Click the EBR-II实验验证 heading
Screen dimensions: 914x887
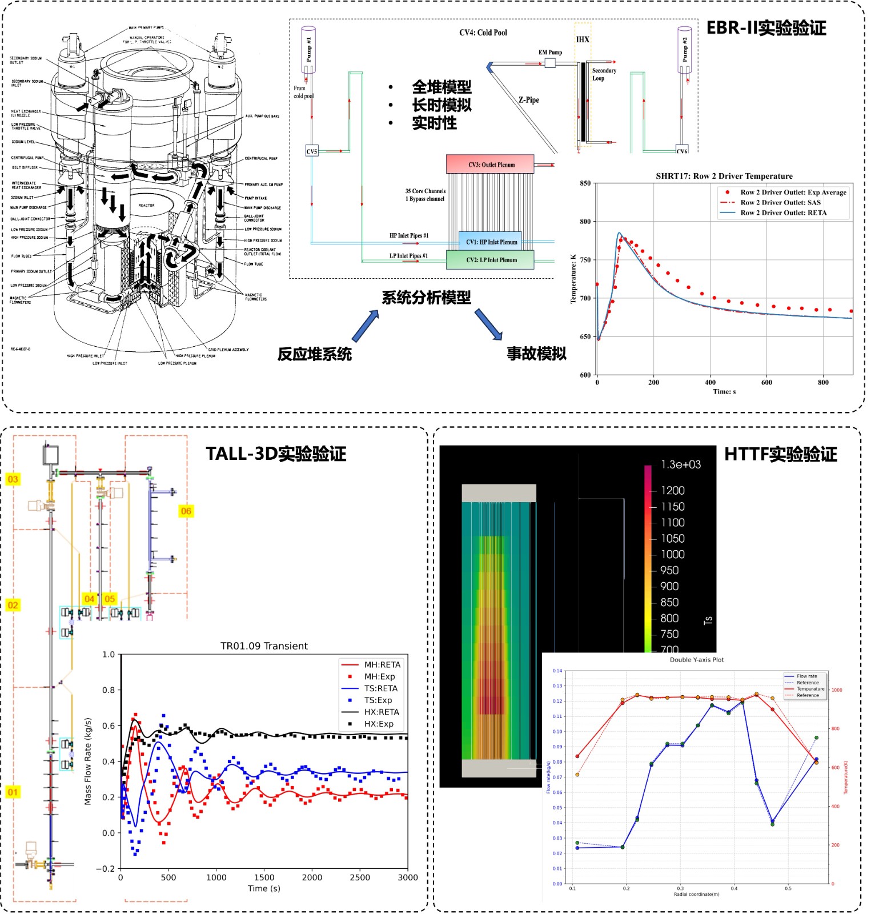coord(765,28)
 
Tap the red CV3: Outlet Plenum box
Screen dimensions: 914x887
coord(490,165)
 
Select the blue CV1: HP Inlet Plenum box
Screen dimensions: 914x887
coord(491,242)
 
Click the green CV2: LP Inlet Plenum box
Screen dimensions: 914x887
coord(490,260)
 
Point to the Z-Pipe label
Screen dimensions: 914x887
coord(528,100)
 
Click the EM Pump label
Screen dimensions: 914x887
coord(550,52)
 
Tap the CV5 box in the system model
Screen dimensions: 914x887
coord(312,151)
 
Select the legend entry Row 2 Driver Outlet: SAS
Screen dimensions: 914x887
coord(780,203)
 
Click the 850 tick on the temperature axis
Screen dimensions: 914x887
coord(585,183)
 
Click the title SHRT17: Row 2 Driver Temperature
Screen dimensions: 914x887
coord(724,176)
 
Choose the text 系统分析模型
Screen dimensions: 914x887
coord(426,297)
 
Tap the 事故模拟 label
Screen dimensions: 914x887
coord(536,354)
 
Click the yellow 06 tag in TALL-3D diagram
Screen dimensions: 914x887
coord(186,511)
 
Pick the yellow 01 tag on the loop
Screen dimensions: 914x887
coord(13,792)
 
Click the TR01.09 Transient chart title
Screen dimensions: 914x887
coord(264,646)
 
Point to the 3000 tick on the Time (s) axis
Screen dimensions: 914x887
coord(407,877)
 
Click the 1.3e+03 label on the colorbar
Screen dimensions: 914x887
coord(680,464)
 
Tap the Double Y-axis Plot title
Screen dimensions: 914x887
coord(696,660)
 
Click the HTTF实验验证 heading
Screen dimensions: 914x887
coord(780,454)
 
